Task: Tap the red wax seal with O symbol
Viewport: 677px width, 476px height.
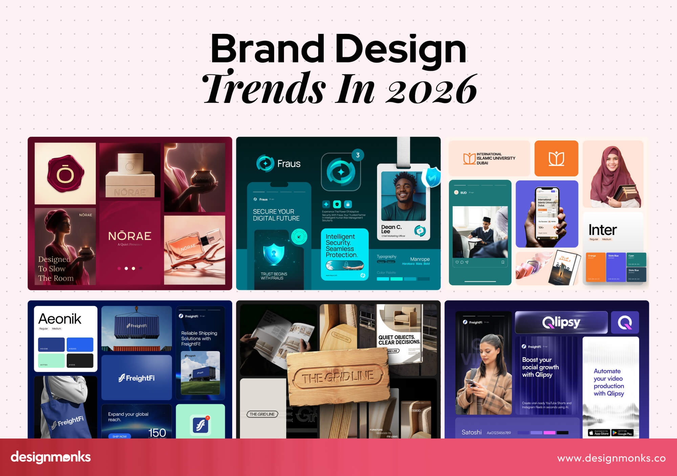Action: coord(65,173)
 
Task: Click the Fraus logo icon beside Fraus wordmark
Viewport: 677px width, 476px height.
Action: coord(265,164)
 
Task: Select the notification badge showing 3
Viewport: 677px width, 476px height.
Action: coord(357,155)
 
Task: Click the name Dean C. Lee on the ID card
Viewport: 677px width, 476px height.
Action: coord(391,229)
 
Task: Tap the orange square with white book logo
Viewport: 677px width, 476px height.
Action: coord(556,158)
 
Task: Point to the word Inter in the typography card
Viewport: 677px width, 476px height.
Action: coord(603,230)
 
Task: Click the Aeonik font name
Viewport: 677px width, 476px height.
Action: coord(60,319)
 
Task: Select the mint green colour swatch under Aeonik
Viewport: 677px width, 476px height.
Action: coord(51,360)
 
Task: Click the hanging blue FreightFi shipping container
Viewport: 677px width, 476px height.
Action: coord(136,326)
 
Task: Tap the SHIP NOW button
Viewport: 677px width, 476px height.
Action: coord(119,436)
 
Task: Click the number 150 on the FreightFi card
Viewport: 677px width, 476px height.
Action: coord(157,432)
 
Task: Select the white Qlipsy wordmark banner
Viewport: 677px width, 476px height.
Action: coord(561,322)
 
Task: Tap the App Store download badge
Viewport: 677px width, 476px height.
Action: coord(599,433)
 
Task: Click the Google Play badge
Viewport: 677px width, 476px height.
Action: coord(622,433)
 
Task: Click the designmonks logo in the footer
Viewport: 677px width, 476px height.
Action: coord(51,457)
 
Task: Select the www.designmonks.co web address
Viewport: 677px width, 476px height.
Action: coord(611,458)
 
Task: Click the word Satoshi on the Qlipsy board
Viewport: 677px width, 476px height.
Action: coord(471,432)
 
